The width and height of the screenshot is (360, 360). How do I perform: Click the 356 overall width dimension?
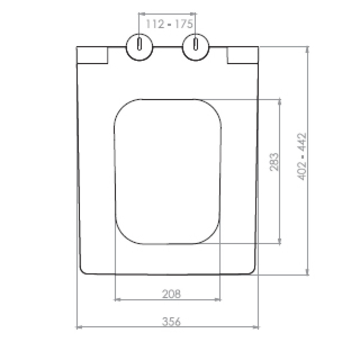coord(171,321)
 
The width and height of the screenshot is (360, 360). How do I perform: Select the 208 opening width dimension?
coord(171,294)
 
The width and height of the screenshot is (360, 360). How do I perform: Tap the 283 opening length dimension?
coord(274,162)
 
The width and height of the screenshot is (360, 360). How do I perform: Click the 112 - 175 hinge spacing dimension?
coord(169,24)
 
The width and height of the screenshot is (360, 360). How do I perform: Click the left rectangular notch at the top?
coord(92,55)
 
